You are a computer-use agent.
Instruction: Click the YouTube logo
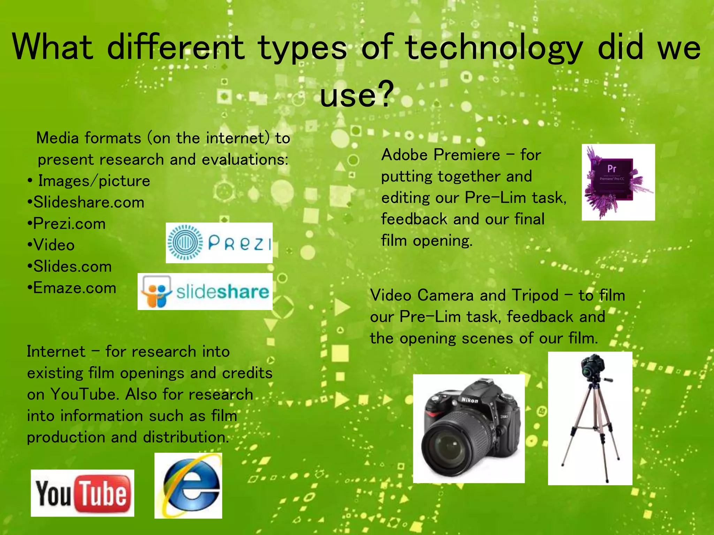pos(82,493)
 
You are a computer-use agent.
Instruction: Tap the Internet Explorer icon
pos(189,486)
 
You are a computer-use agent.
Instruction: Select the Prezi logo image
pos(219,243)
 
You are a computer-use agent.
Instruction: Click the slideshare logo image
pos(205,292)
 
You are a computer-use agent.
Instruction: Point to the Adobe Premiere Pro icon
pos(618,182)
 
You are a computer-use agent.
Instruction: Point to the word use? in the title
pos(357,94)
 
